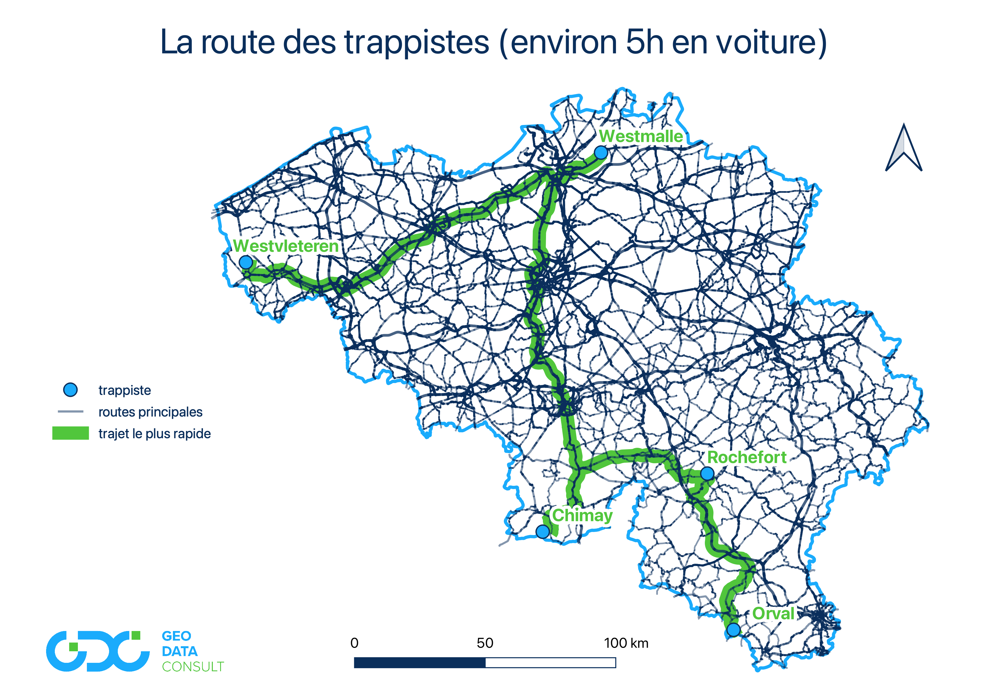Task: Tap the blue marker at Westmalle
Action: pyautogui.click(x=601, y=153)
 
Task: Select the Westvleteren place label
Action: pyautogui.click(x=286, y=246)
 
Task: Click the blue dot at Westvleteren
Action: pyautogui.click(x=246, y=262)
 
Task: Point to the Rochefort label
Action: pyautogui.click(x=747, y=457)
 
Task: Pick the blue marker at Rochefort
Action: pyautogui.click(x=707, y=474)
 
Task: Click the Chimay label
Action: pyautogui.click(x=582, y=515)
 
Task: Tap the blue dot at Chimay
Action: pyautogui.click(x=543, y=532)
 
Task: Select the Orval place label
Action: pyautogui.click(x=773, y=614)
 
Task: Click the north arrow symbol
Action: pyautogui.click(x=904, y=148)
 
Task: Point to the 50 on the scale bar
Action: pyautogui.click(x=485, y=643)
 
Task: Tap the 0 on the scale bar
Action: pyautogui.click(x=354, y=643)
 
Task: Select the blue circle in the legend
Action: pyautogui.click(x=70, y=390)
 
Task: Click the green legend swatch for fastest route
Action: pyautogui.click(x=70, y=433)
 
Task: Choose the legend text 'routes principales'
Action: pyautogui.click(x=150, y=412)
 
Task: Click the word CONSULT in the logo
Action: pyautogui.click(x=193, y=667)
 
